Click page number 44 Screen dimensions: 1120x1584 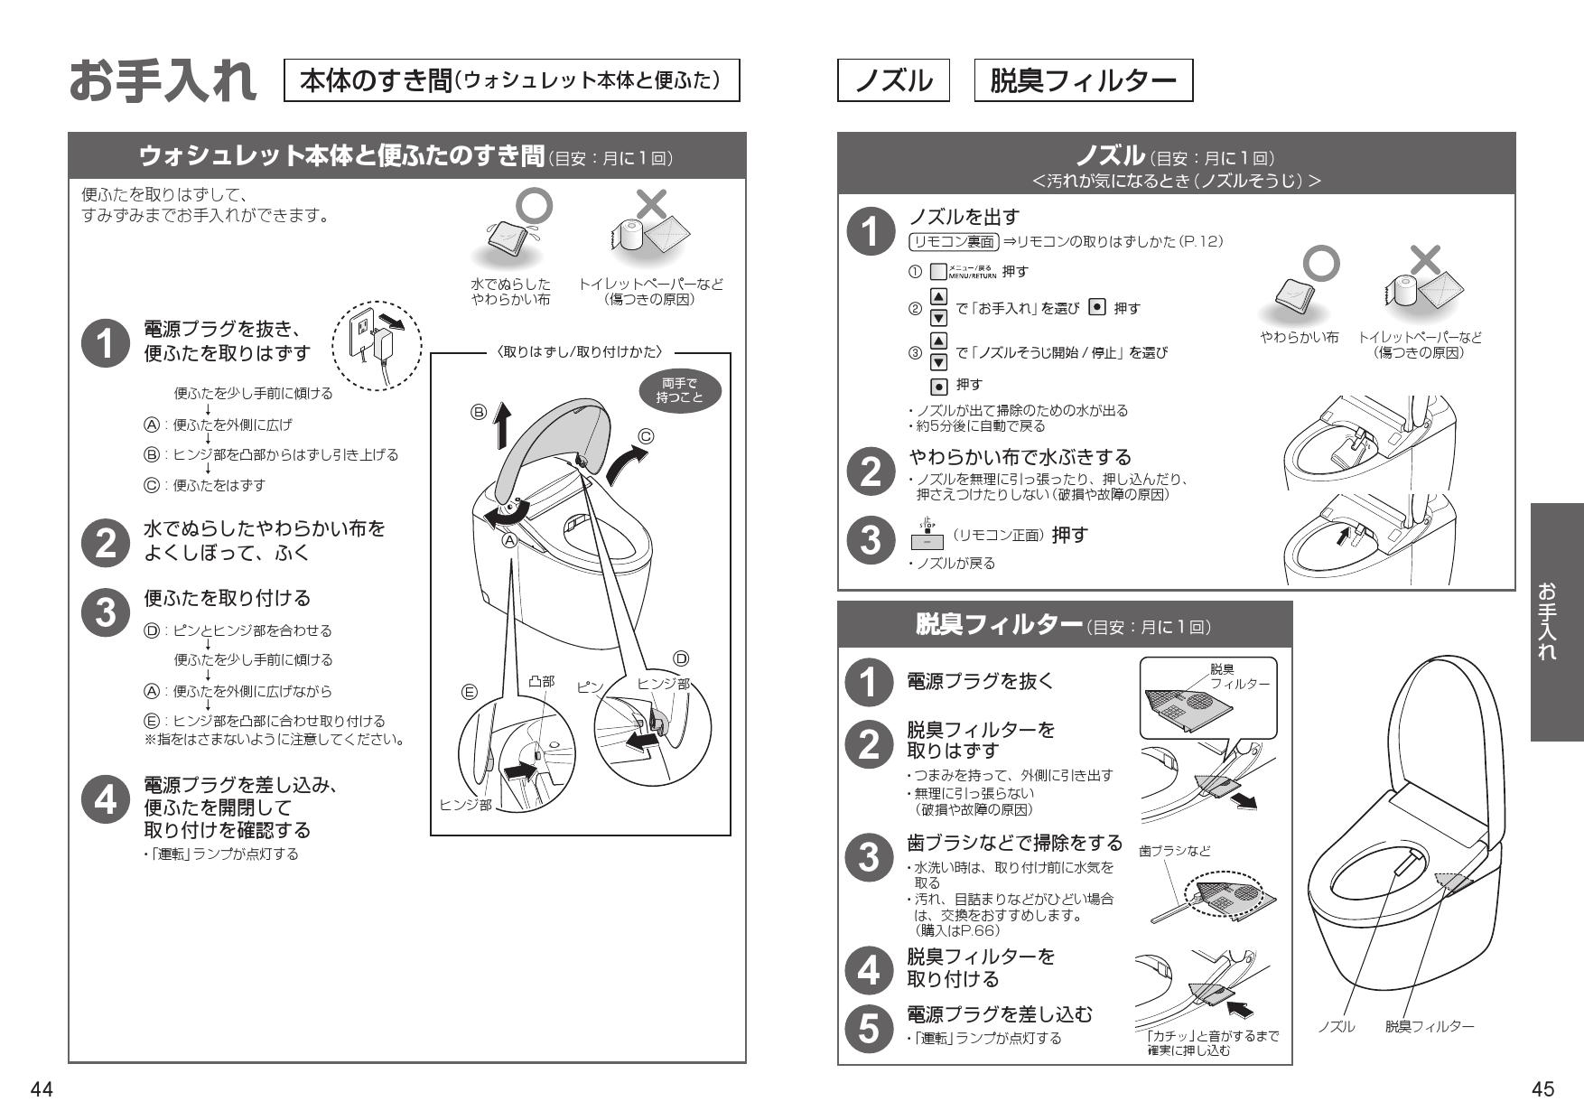point(42,1089)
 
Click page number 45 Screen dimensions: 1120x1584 point(1542,1089)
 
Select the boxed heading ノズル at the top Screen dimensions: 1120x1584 point(893,80)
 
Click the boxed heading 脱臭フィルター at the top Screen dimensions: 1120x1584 point(1083,80)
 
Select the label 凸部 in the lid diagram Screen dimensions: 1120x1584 point(541,682)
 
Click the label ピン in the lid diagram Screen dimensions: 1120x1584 point(589,687)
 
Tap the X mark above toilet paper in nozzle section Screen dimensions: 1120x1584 point(1425,259)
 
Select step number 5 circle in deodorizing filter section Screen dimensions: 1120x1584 point(868,1028)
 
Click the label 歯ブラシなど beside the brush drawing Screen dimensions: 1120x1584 point(1174,851)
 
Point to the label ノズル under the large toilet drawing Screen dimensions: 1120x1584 point(1337,1027)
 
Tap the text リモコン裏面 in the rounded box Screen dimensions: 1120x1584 point(954,241)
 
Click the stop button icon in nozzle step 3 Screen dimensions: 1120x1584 point(927,538)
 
